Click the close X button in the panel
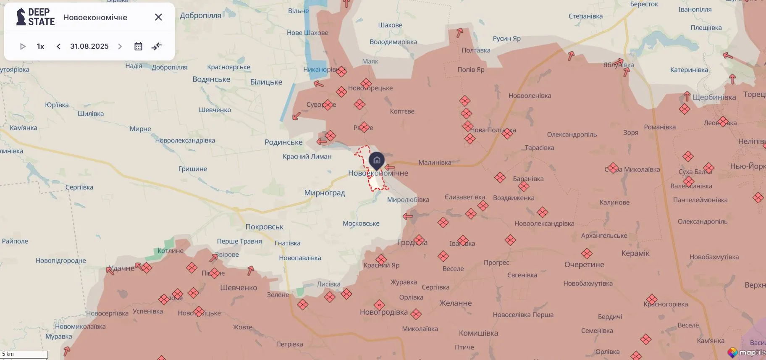(158, 17)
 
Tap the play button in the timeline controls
(23, 46)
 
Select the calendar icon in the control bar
(138, 46)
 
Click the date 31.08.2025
(89, 46)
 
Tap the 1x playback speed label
(40, 46)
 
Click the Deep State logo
(35, 17)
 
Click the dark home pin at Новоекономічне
(377, 160)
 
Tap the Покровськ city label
(264, 227)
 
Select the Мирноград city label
(324, 193)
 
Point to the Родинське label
(283, 142)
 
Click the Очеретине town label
(584, 265)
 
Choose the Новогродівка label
(383, 312)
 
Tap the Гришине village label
(192, 169)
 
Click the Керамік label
(635, 253)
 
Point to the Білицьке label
(266, 82)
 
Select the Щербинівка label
(714, 97)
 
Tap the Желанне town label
(455, 303)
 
